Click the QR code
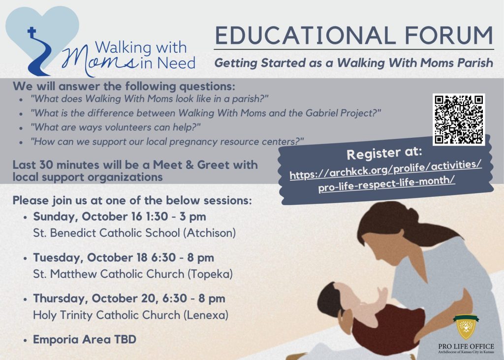tap(459, 120)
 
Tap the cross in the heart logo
tap(31, 33)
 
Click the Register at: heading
tap(384, 153)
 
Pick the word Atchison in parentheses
tap(210, 232)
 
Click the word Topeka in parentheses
tap(210, 274)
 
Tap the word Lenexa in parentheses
tap(206, 315)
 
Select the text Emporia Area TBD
tap(85, 339)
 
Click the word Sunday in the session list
tap(56, 217)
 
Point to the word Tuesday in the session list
tap(58, 258)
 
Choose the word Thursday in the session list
tap(61, 298)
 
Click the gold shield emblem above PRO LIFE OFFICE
tap(466, 327)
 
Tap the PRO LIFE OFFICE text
tap(466, 347)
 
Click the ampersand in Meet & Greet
tap(190, 164)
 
